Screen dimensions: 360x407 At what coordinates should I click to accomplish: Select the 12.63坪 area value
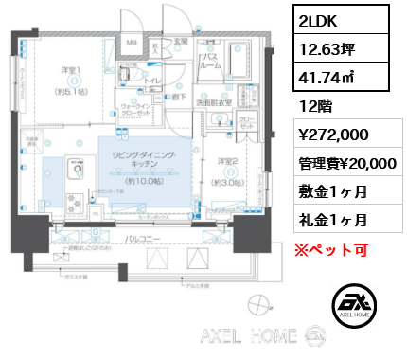point(321,49)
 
